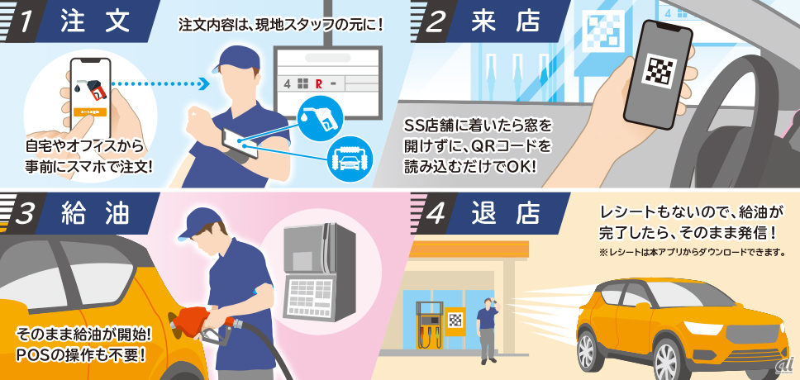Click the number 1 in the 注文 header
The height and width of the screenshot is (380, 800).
(x=25, y=22)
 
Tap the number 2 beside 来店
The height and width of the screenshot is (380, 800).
(x=436, y=22)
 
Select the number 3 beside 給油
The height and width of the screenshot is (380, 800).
(x=25, y=214)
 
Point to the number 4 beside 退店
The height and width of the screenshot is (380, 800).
(x=435, y=214)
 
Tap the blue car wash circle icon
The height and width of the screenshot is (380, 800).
(x=350, y=159)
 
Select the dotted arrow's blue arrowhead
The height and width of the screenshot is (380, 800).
(x=204, y=83)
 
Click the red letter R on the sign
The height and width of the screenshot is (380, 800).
(x=318, y=84)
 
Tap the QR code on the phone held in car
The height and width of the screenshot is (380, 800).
(x=660, y=70)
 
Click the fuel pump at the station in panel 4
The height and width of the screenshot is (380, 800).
(x=429, y=325)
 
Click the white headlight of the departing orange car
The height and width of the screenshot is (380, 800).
(x=702, y=327)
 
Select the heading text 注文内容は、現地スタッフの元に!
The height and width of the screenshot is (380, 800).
(x=281, y=25)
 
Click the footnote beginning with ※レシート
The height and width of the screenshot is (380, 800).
(x=692, y=253)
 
